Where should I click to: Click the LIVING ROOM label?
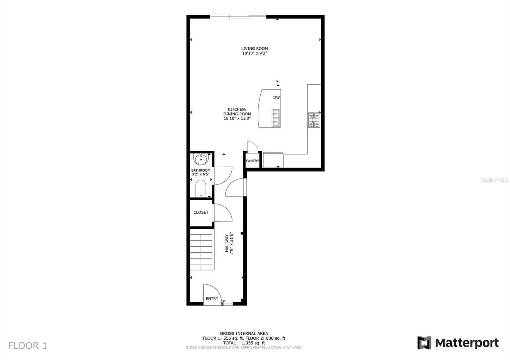tap(254, 49)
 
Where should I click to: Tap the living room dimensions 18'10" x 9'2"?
tap(254, 54)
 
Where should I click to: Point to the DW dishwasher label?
tap(276, 97)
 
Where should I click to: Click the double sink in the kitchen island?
tap(276, 118)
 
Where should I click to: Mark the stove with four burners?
tap(314, 120)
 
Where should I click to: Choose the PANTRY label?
tap(252, 161)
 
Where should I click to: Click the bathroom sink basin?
tap(201, 158)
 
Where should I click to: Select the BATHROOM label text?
tap(200, 170)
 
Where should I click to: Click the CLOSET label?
tap(201, 212)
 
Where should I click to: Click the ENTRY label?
tap(212, 299)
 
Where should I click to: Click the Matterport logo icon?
tap(424, 343)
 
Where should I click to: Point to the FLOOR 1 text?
tap(28, 346)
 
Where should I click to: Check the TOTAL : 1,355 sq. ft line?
tap(244, 343)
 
